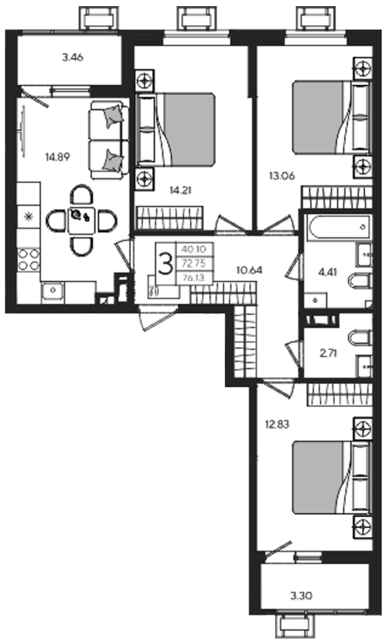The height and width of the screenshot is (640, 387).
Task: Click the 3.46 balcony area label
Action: click(x=73, y=58)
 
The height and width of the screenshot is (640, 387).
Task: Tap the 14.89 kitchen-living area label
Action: click(x=58, y=156)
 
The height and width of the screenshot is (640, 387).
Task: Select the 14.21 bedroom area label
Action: click(x=180, y=190)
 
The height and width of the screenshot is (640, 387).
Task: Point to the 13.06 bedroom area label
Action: click(x=282, y=176)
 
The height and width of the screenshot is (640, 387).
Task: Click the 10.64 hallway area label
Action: click(x=249, y=270)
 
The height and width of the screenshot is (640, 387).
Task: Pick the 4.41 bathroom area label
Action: click(x=328, y=272)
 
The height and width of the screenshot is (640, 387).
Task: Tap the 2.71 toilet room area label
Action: click(x=328, y=354)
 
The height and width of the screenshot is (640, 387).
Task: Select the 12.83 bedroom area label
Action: click(x=277, y=424)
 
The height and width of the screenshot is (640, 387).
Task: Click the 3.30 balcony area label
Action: click(x=302, y=596)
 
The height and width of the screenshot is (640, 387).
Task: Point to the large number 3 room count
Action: click(x=165, y=264)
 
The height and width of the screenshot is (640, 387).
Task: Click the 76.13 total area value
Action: click(x=194, y=278)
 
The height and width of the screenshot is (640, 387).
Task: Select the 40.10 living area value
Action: click(x=194, y=248)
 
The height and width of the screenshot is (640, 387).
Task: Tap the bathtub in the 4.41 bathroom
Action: click(x=340, y=227)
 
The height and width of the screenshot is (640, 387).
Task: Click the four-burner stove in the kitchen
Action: click(x=29, y=260)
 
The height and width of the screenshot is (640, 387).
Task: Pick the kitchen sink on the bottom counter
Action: click(x=52, y=291)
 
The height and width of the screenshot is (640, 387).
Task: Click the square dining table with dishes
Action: click(x=81, y=220)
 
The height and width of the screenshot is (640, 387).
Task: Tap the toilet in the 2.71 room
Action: click(x=360, y=339)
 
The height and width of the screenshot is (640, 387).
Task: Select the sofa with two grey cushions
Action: click(x=109, y=140)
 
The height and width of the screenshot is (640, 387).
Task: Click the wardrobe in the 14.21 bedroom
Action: click(x=170, y=218)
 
